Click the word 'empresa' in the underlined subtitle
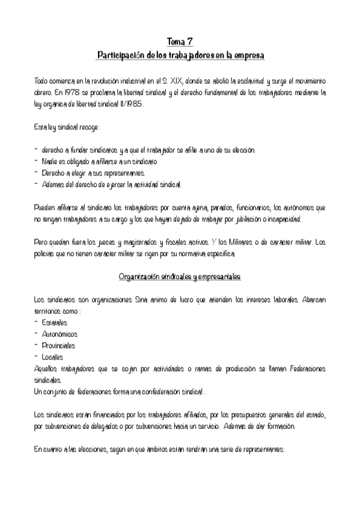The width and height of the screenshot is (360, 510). point(247,55)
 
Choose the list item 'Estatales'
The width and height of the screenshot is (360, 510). point(55,323)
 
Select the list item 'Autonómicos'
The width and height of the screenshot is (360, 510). point(59,334)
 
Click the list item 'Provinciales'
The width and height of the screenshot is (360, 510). point(58,345)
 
